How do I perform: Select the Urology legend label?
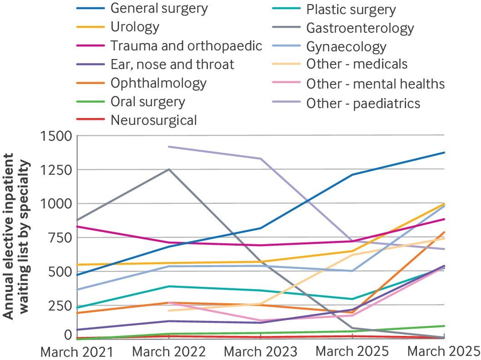coord(135,26)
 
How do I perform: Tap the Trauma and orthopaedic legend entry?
coord(186,45)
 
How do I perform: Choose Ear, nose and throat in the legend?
coord(172,64)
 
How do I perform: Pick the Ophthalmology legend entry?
coord(159,83)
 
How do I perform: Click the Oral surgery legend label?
coord(148,101)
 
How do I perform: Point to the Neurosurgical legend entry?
coord(154,120)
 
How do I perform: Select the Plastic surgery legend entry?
coord(351,10)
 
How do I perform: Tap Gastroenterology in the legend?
coord(360,28)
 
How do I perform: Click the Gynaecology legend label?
coord(346,47)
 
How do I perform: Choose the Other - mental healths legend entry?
coord(375,84)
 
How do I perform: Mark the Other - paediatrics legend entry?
coord(363,103)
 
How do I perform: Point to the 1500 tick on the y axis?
coord(56,136)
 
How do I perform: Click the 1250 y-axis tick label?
coord(56,170)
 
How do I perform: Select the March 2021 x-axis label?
coord(77,351)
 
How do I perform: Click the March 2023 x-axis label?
coord(261,351)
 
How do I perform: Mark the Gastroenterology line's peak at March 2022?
coord(169,169)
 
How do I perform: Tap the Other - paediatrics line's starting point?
coord(169,147)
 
